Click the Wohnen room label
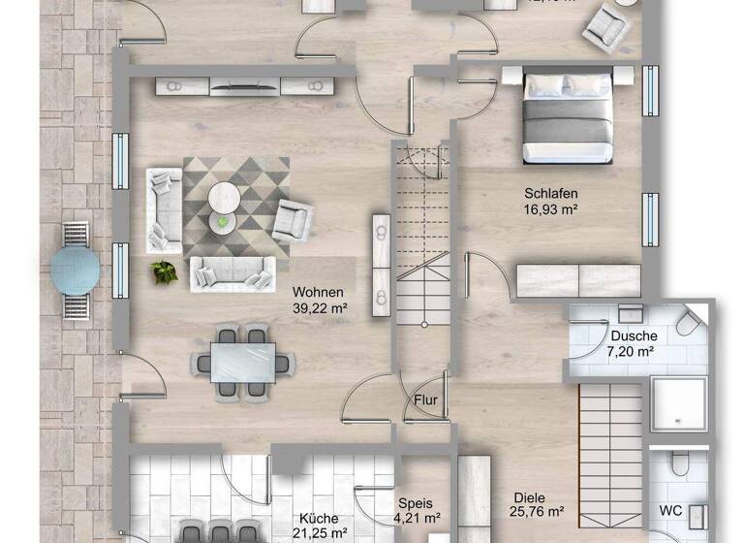click(319, 291)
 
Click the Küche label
click(319, 518)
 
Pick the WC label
click(670, 510)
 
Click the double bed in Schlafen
click(568, 117)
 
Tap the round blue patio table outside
click(75, 269)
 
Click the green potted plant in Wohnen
click(163, 271)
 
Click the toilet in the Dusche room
click(691, 322)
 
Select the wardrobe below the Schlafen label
click(578, 279)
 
